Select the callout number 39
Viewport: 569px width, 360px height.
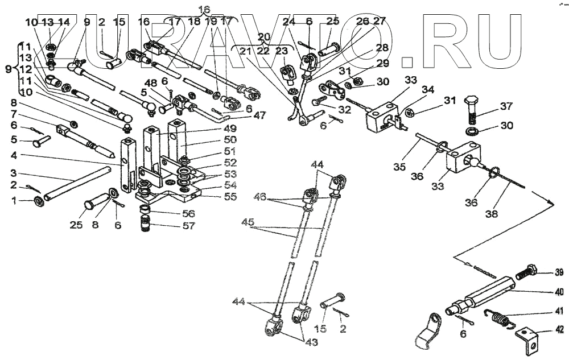559,271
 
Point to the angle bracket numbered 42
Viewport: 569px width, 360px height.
527,339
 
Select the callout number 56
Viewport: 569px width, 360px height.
188,214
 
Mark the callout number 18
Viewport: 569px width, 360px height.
193,22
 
